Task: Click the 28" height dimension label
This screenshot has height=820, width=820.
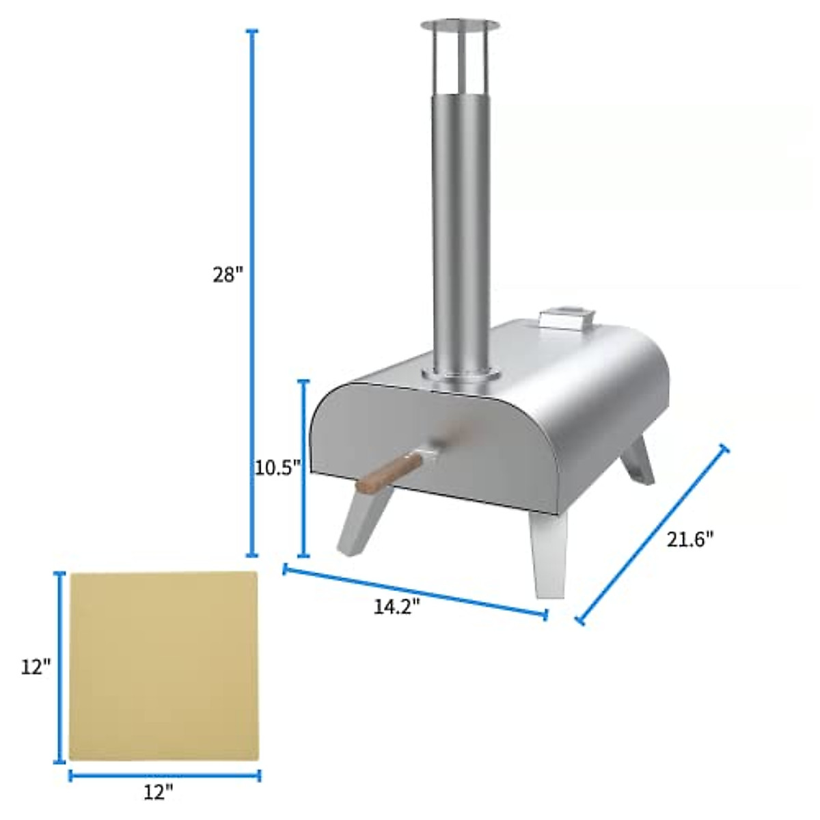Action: [x=227, y=275]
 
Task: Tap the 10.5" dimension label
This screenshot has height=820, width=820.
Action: [x=277, y=468]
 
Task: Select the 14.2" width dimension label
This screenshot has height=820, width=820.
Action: [x=396, y=607]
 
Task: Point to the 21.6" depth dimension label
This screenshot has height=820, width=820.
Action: [x=690, y=539]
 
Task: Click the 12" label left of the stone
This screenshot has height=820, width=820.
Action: [x=36, y=667]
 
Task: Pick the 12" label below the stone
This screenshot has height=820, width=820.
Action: [x=159, y=793]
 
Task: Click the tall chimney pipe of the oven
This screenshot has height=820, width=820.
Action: [x=459, y=225]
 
